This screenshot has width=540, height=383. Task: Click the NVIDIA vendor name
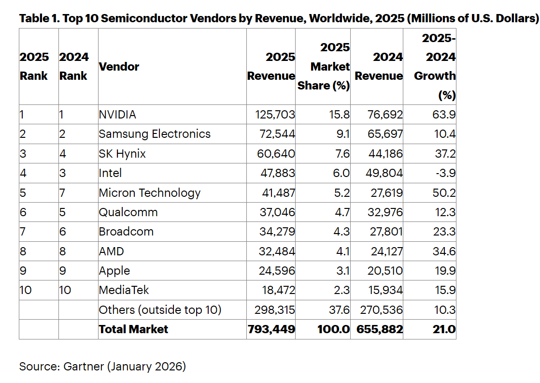coord(117,115)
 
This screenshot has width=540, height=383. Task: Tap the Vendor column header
coord(119,67)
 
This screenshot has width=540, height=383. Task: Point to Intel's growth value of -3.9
coord(445,173)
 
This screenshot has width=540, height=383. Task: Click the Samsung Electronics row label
coord(155,134)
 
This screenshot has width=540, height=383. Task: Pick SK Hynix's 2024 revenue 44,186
coord(383,154)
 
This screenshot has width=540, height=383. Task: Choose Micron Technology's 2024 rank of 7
coord(62,192)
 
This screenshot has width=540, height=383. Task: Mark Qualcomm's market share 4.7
coord(341,212)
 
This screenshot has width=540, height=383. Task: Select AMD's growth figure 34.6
coord(444,251)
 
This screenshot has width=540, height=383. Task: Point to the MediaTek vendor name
coord(124,290)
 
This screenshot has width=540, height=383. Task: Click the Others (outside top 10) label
coord(160,309)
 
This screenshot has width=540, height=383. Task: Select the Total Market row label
coord(133,329)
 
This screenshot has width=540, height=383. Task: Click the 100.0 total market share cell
coord(333,329)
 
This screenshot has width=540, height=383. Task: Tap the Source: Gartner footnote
coord(102,367)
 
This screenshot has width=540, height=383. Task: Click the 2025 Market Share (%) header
coord(324,67)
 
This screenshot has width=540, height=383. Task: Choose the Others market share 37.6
coord(339,309)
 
